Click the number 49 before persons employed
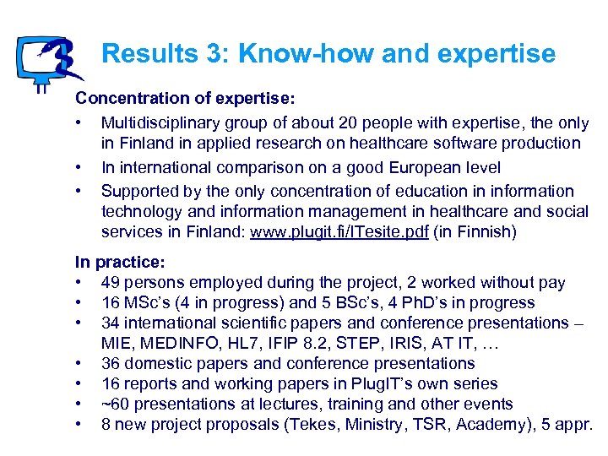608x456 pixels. (x=111, y=282)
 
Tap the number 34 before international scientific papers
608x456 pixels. (x=111, y=323)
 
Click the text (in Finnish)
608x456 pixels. (x=473, y=231)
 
